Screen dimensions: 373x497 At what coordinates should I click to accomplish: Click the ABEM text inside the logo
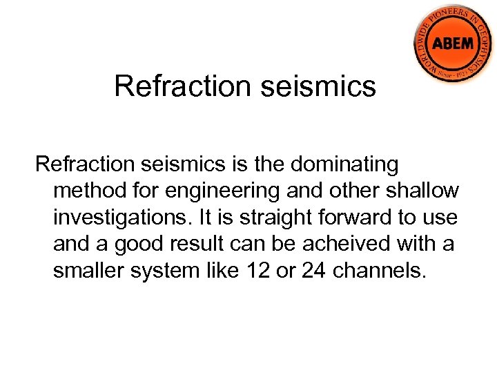pyautogui.click(x=453, y=44)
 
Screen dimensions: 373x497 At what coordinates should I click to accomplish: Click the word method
pyautogui.click(x=87, y=191)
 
